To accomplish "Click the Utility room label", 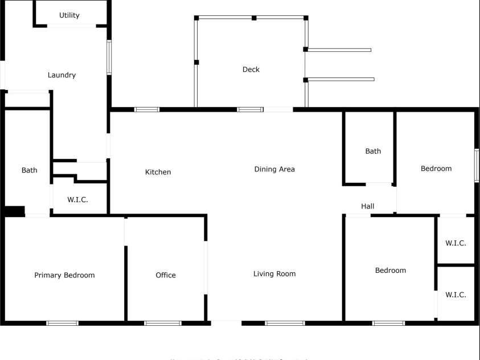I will (x=69, y=15).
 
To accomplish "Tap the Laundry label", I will (x=61, y=75).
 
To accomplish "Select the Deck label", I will (x=251, y=69).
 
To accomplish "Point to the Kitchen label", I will (x=158, y=172).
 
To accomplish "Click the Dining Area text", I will (x=274, y=169).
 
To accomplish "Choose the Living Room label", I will (x=274, y=274).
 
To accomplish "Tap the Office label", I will (x=166, y=275).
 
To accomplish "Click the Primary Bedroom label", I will (x=64, y=275).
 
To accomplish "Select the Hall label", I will (x=368, y=206).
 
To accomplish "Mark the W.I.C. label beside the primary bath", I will (x=77, y=199).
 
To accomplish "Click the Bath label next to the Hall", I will (x=373, y=151).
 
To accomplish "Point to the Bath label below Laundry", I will (x=30, y=170).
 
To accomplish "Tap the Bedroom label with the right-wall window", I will (x=436, y=169).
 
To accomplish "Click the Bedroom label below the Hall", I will (x=391, y=271).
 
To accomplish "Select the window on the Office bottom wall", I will (x=163, y=324).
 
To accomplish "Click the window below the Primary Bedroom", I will (x=63, y=324).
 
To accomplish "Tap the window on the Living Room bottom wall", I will (x=285, y=324).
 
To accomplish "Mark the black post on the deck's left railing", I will (x=196, y=62).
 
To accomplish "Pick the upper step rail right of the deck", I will (x=339, y=50).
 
